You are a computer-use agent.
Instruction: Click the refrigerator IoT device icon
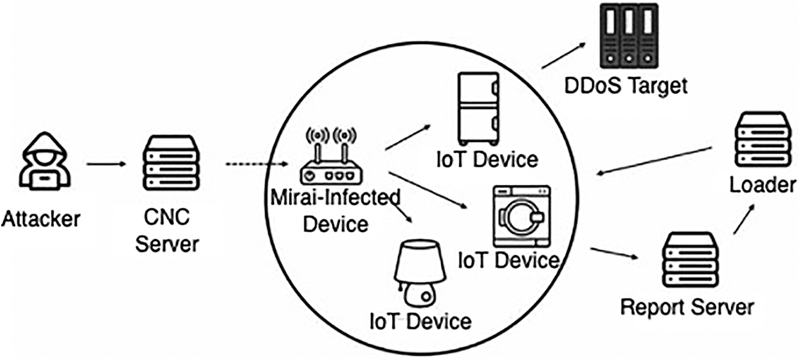[x=477, y=108]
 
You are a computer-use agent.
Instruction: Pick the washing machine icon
[x=522, y=216]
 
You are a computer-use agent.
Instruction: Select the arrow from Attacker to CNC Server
[x=107, y=164]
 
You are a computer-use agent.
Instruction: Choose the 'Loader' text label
[x=762, y=185]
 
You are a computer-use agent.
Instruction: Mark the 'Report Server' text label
[x=687, y=307]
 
